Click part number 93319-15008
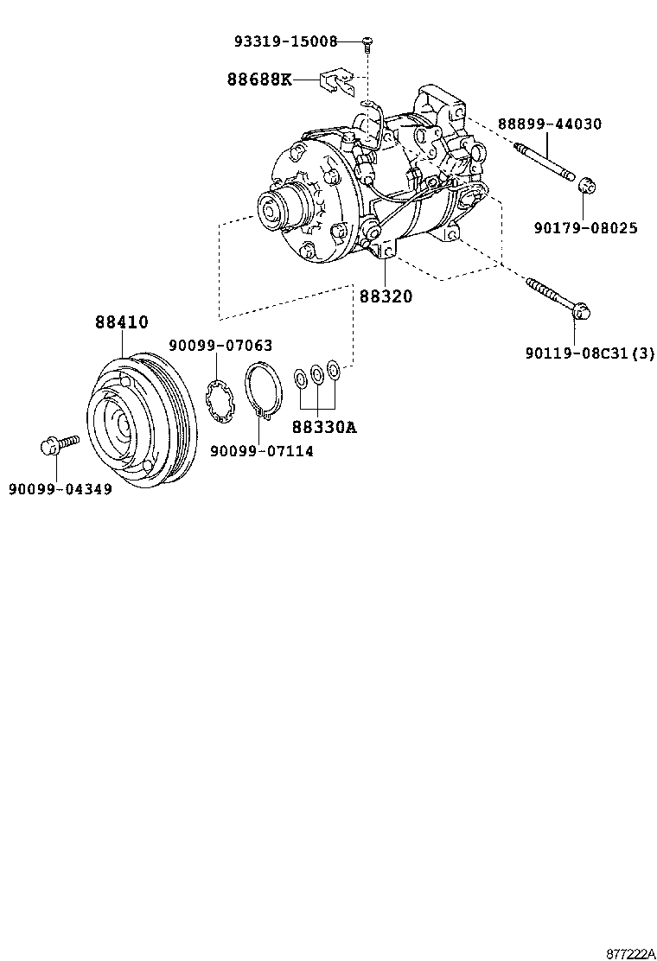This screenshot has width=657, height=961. pos(284,41)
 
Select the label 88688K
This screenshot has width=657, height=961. pos(258,80)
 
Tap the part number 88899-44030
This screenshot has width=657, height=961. pos(549,124)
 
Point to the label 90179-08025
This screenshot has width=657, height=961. pos(585,228)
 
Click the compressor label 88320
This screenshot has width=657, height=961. pos(386,296)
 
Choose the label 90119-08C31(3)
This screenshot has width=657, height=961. pos(590,353)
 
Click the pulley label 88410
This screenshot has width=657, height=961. pos(121,322)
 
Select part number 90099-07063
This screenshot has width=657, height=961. pos(220,346)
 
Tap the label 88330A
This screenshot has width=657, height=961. pos(323,427)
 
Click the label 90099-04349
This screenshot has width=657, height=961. pos(61,489)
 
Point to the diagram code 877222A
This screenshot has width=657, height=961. pos(628,952)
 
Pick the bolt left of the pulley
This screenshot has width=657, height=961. pos(59,445)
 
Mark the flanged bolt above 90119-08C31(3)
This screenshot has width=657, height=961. pos(558,296)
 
